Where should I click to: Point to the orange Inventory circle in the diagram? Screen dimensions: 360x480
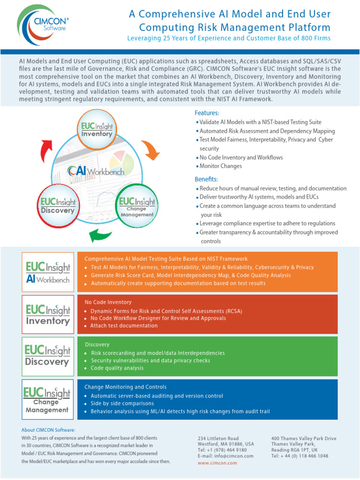[x=97, y=129]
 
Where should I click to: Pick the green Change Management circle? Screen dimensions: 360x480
[x=137, y=204]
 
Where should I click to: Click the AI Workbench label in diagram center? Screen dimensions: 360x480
[x=96, y=172]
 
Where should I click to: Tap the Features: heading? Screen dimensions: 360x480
[x=207, y=113]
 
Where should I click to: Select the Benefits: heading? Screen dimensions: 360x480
[x=206, y=179]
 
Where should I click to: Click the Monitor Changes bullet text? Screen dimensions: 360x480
[x=220, y=166]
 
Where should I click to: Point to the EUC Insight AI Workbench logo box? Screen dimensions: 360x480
[x=48, y=272]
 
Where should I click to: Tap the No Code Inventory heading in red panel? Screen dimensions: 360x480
[x=108, y=302]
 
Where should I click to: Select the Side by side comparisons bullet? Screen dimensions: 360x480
[x=122, y=404]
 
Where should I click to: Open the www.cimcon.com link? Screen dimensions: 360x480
[x=217, y=463]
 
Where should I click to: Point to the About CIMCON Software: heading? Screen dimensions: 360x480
[x=48, y=430]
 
